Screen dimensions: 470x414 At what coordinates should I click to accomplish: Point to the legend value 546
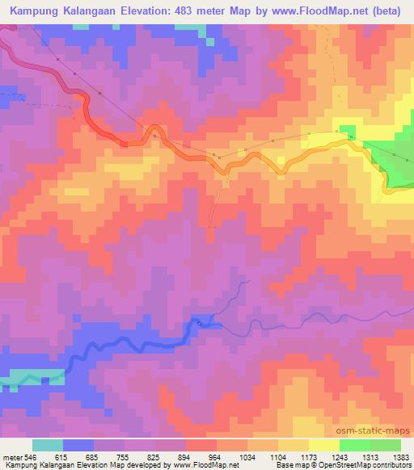(x=32, y=456)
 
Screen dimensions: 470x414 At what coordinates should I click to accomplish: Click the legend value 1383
(x=399, y=456)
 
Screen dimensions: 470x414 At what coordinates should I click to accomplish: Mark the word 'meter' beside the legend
(x=11, y=456)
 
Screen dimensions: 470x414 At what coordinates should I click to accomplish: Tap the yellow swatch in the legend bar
(x=324, y=445)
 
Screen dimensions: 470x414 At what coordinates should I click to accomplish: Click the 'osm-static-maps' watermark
(x=380, y=432)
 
